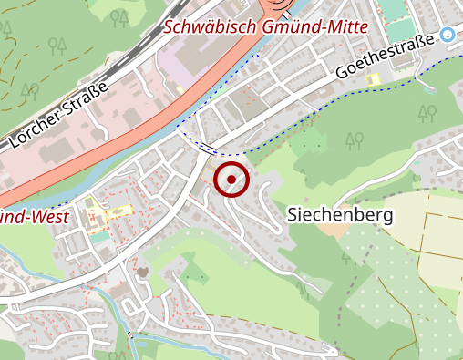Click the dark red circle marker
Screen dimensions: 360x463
(x=231, y=180)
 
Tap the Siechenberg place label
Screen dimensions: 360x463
(x=339, y=216)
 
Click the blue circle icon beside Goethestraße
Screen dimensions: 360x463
(x=448, y=36)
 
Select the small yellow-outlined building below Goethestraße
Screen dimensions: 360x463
(x=372, y=79)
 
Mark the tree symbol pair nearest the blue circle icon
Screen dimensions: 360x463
(x=427, y=113)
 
